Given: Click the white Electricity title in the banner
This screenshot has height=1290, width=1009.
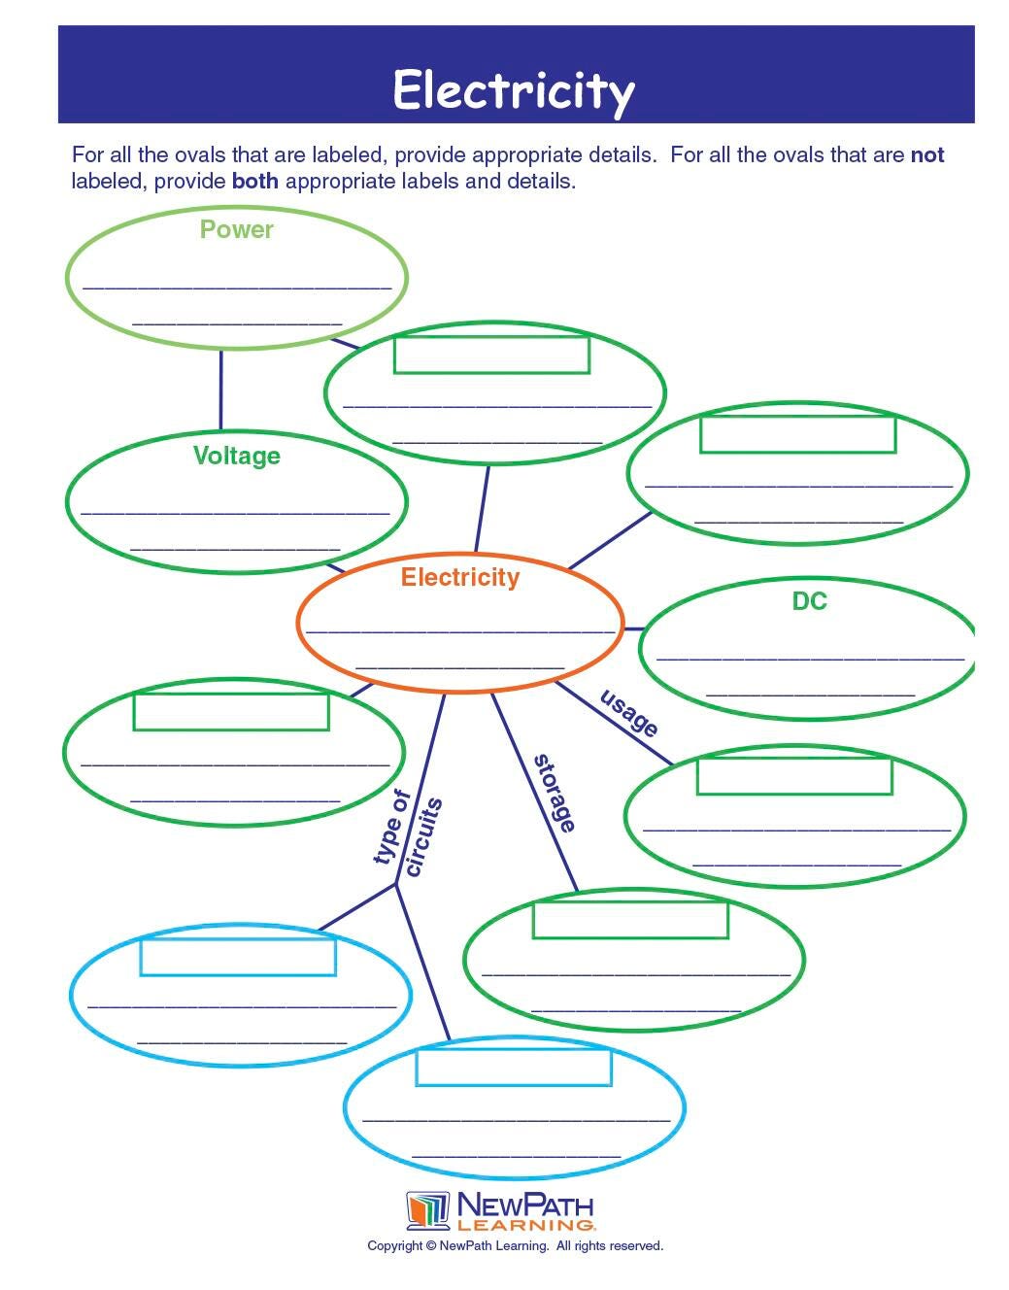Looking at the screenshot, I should (x=513, y=90).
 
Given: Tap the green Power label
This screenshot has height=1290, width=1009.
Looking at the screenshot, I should (x=236, y=229).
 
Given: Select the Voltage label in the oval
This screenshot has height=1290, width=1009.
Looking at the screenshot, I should (x=236, y=456).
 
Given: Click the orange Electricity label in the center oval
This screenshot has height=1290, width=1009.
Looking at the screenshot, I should (x=460, y=577).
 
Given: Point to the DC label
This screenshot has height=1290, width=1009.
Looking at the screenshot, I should (x=809, y=601).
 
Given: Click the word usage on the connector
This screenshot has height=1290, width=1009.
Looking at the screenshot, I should (x=629, y=713).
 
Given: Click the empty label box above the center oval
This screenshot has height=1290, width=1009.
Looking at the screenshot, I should (x=491, y=355).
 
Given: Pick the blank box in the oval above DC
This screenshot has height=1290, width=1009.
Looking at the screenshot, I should (x=797, y=433).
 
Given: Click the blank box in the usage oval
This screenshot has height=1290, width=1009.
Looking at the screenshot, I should (x=794, y=775).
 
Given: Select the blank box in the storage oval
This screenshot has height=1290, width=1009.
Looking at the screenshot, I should (x=630, y=919).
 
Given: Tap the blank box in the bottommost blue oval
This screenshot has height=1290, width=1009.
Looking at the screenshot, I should (x=514, y=1067).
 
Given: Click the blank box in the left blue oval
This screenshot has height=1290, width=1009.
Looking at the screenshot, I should (x=238, y=956).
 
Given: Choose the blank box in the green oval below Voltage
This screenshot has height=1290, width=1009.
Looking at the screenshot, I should (x=231, y=711).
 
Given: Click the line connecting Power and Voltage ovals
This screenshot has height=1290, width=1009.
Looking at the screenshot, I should (x=220, y=389).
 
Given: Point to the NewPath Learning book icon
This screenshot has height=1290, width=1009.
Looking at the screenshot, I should (x=427, y=1210).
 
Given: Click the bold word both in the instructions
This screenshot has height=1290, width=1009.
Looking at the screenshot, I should (x=254, y=181).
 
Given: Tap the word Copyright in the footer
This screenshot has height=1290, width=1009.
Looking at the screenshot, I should (x=394, y=1245).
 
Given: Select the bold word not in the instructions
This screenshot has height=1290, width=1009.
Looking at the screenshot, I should (x=927, y=154).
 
